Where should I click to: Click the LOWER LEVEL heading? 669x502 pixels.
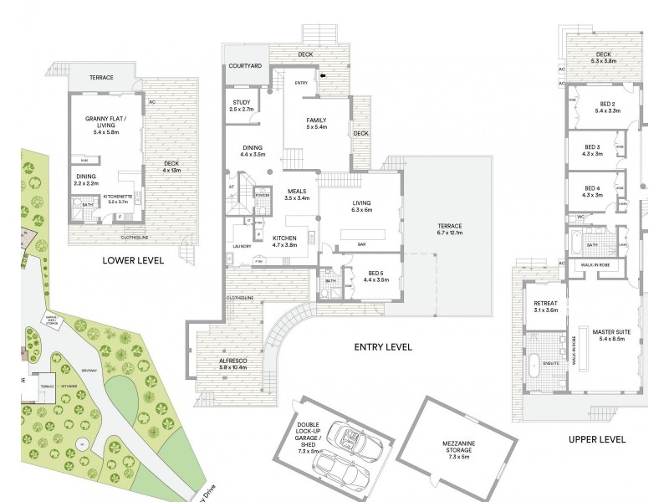[x=132, y=260]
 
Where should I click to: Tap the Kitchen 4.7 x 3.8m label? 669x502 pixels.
[x=285, y=243]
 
